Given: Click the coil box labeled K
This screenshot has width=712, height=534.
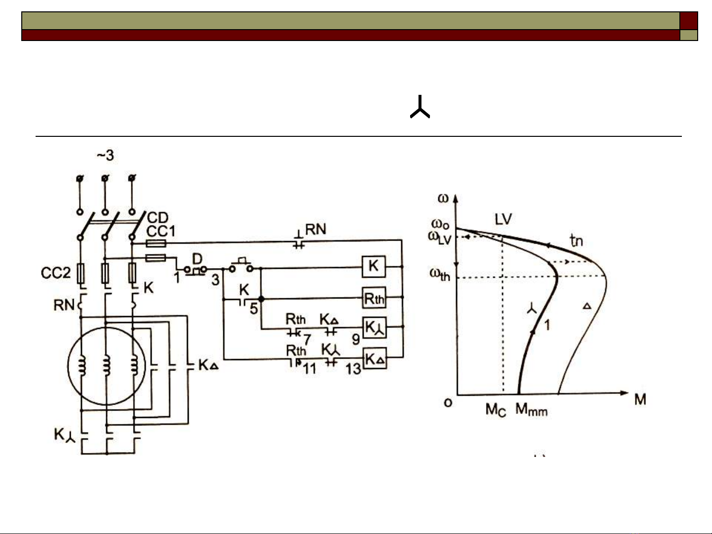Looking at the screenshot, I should [x=374, y=266].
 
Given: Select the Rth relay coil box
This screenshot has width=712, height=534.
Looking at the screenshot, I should [x=374, y=298].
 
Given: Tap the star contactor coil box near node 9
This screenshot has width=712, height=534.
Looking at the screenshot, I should [x=374, y=328].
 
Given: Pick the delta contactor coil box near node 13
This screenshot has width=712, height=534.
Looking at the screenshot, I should [x=374, y=359].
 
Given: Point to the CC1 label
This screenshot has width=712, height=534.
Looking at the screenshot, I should [x=161, y=231].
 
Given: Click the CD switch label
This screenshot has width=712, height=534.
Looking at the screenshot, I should [x=158, y=218].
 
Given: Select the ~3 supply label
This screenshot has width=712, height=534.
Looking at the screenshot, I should [x=105, y=156].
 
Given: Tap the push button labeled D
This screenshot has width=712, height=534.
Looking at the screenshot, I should [x=197, y=259].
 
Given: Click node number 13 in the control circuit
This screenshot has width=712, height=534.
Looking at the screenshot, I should [x=353, y=369].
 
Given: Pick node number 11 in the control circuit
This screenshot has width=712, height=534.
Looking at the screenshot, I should [x=310, y=369].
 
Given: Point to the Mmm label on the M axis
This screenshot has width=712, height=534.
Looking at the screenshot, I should [x=531, y=410].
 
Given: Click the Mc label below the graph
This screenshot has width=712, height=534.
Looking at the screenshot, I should [x=496, y=410].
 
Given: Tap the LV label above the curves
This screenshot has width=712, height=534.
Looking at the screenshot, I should [x=503, y=219].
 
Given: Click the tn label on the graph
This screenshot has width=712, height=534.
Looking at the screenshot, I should [x=576, y=241].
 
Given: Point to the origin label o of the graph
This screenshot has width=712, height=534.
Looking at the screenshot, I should [x=448, y=403].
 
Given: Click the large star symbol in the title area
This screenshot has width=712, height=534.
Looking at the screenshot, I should [x=420, y=107].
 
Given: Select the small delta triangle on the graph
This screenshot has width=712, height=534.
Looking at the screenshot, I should [x=587, y=306].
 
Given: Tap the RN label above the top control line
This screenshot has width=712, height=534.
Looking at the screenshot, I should [x=316, y=229].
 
